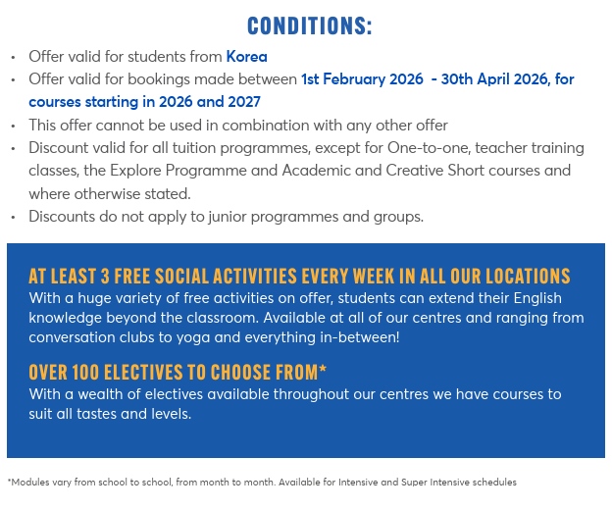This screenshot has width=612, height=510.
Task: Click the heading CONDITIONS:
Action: tap(310, 25)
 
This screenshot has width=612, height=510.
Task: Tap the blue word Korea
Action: tap(246, 57)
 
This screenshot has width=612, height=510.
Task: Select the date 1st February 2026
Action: tap(361, 79)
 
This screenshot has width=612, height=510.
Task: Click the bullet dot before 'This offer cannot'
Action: tap(13, 126)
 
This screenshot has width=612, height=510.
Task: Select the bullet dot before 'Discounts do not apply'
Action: tap(13, 217)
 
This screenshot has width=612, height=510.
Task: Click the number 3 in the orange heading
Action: tap(105, 276)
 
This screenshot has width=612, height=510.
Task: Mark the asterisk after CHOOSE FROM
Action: tap(323, 370)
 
